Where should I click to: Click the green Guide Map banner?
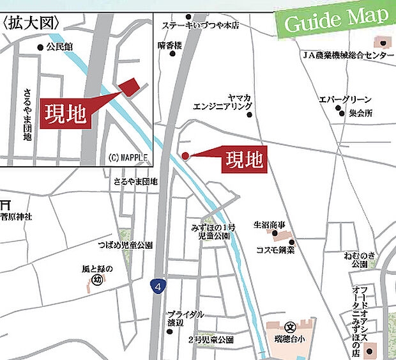tap(335, 20)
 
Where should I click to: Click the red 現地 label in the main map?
tap(243, 159)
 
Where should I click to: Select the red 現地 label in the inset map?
tap(65, 113)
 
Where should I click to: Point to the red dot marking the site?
tap(185, 155)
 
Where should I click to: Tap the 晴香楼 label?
tap(170, 45)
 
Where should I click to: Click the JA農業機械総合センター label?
tap(348, 56)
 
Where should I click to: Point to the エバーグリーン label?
tap(345, 99)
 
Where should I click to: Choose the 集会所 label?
tap(361, 113)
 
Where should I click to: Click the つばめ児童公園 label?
tap(125, 245)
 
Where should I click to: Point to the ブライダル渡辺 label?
tap(185, 318)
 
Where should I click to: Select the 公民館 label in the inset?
tap(60, 47)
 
